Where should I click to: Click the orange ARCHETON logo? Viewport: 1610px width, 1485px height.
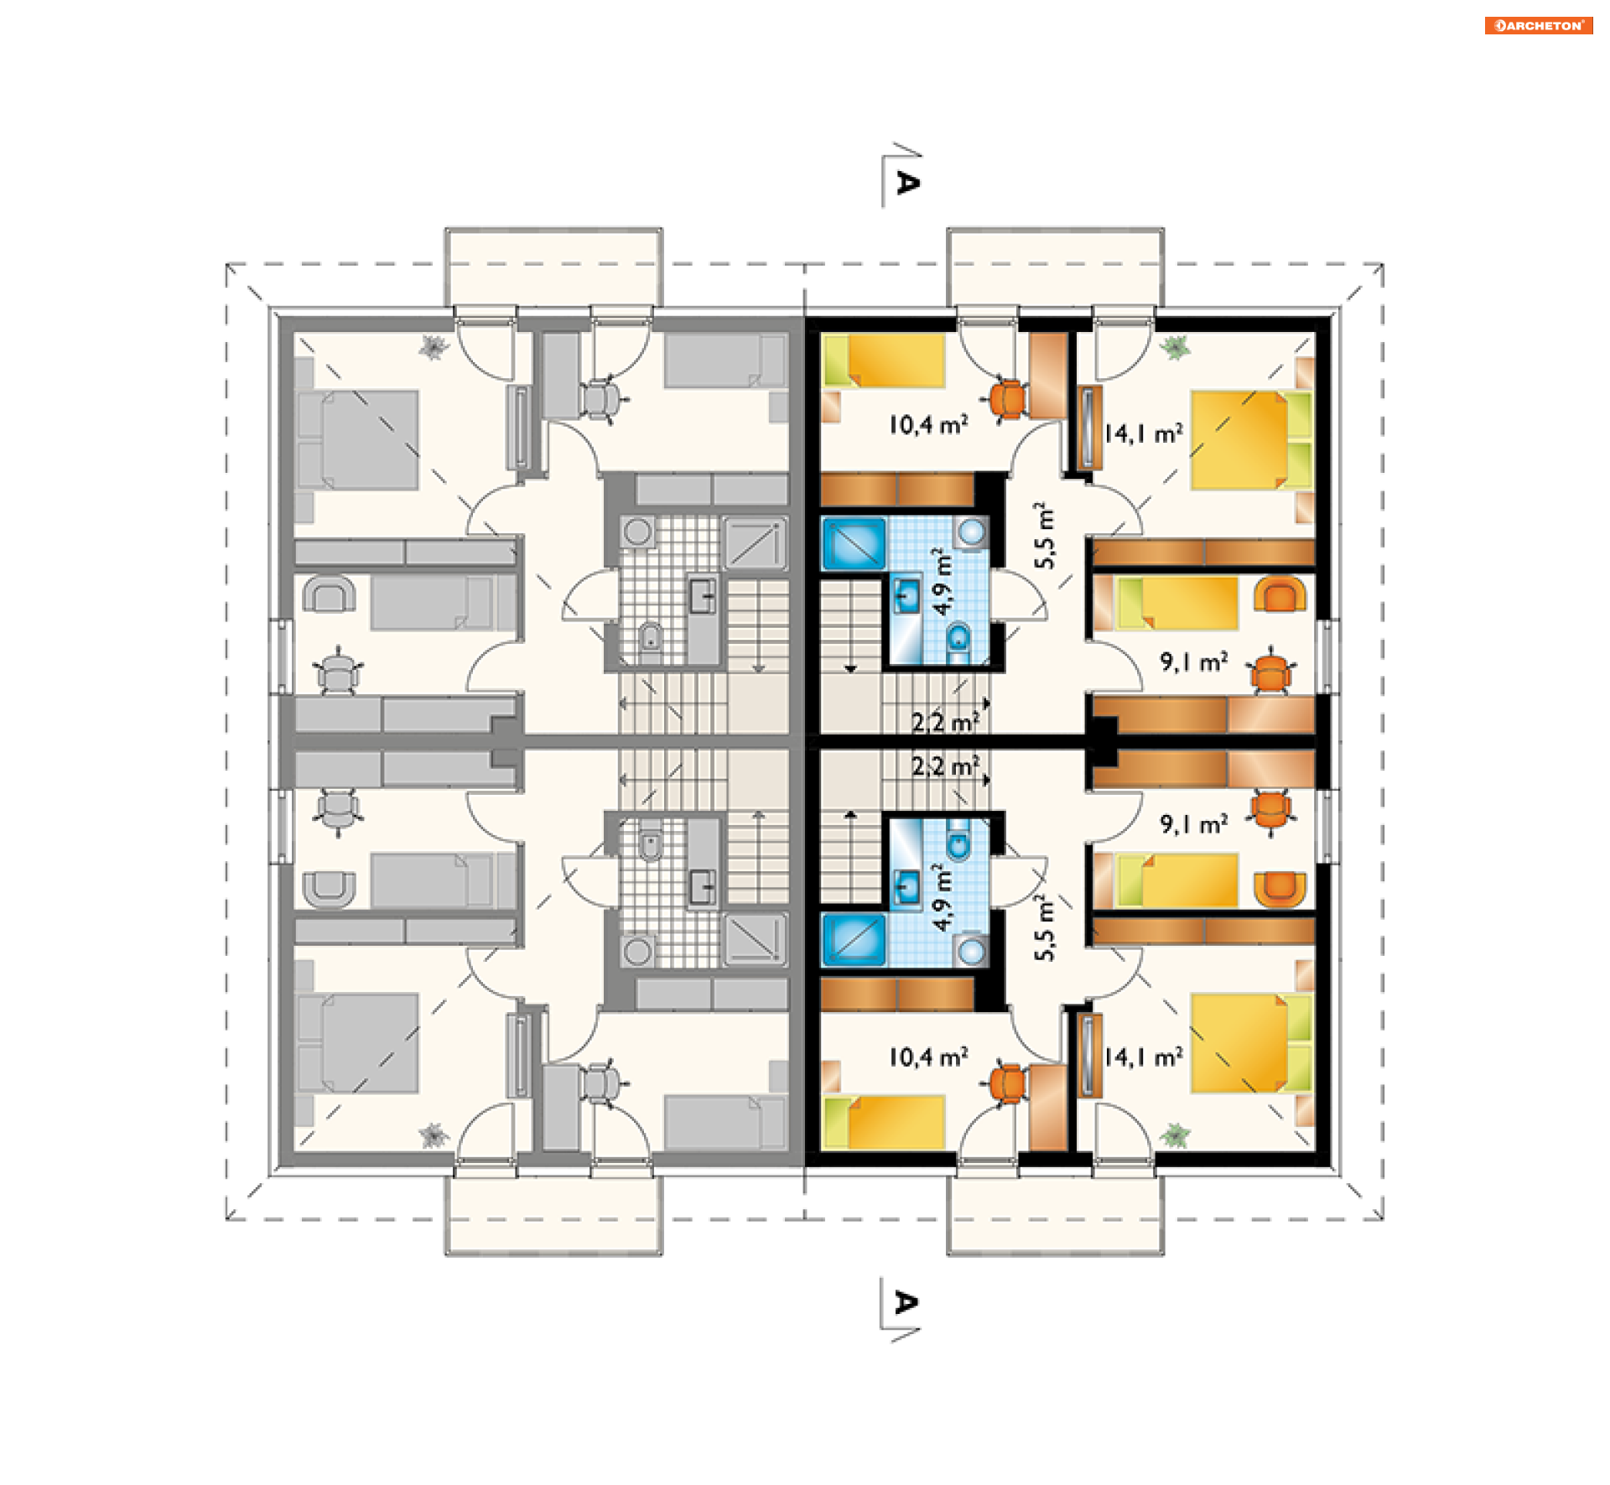pos(1538,25)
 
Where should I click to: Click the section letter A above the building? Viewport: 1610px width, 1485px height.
pos(907,182)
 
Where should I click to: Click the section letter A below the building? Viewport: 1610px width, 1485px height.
pos(906,1302)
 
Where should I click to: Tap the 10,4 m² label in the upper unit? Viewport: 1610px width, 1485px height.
pos(928,424)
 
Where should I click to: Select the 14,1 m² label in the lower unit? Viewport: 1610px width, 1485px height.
pos(1143,1057)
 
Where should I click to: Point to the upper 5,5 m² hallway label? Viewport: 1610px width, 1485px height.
pos(1045,536)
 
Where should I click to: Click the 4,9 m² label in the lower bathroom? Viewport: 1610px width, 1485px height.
pos(943,897)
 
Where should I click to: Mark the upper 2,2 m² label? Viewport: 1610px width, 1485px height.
pos(945,721)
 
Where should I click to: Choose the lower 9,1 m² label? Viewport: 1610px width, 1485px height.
pos(1194,824)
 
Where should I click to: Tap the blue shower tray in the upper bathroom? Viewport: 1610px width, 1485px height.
pos(854,543)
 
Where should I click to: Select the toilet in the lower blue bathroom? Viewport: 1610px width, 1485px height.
pos(959,839)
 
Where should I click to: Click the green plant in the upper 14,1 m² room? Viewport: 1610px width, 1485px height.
pos(1176,346)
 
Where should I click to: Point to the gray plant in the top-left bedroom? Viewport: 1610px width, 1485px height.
pos(434,346)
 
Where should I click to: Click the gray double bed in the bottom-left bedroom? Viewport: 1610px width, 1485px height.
pos(357,1043)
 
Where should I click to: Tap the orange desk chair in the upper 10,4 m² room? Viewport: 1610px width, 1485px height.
pos(1007,400)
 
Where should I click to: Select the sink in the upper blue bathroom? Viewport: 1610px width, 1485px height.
pos(906,596)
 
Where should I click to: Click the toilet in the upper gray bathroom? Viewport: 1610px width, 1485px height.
pos(650,640)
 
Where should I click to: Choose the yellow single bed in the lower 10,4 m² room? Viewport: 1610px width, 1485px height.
pos(884,1122)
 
